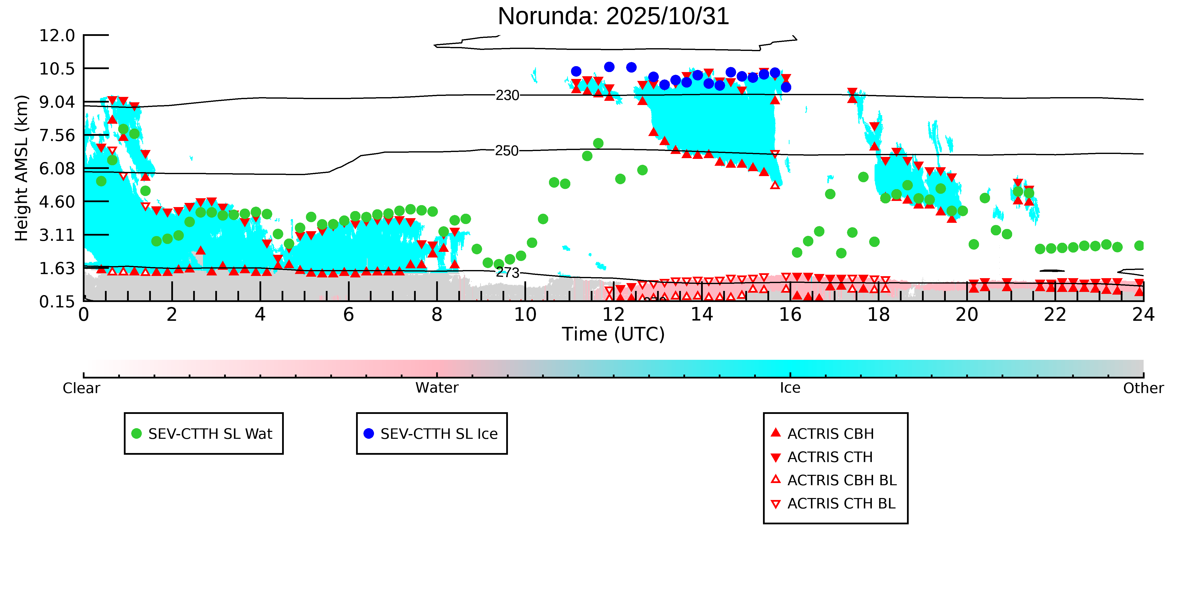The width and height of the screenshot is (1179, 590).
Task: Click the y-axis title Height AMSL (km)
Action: click(22, 168)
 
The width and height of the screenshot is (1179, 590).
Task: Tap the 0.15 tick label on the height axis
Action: click(57, 302)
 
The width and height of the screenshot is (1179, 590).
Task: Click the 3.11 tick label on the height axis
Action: click(57, 235)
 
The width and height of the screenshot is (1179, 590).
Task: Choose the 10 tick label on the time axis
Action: click(525, 315)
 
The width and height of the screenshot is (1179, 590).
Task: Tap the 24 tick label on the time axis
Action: click(1143, 315)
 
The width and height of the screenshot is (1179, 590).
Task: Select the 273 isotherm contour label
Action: click(508, 273)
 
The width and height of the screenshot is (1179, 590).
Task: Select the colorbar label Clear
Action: click(82, 388)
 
